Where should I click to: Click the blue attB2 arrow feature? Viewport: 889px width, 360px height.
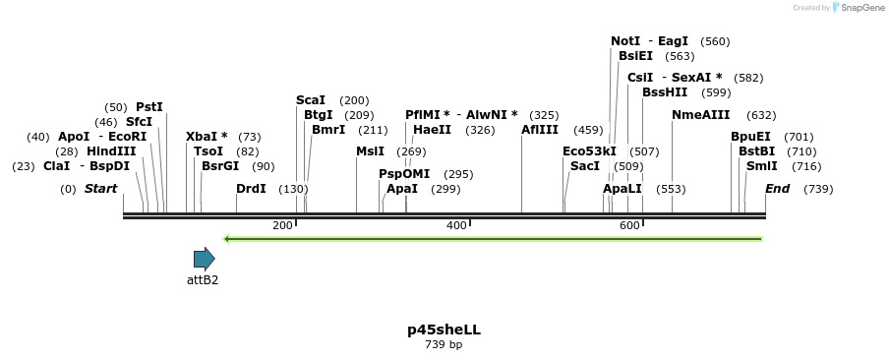[204, 260]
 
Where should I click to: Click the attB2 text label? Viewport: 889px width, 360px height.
[203, 280]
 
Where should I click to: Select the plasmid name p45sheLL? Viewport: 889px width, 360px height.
[444, 330]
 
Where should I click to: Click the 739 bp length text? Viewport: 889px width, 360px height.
[444, 345]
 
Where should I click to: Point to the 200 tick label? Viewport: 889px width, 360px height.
[282, 226]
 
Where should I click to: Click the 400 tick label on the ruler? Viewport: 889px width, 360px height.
[456, 226]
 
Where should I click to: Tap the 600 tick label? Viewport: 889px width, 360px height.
[629, 226]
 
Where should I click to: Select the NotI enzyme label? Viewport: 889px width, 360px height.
[625, 41]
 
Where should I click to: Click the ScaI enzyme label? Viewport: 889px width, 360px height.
[311, 100]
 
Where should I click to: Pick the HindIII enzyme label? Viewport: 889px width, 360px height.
[111, 151]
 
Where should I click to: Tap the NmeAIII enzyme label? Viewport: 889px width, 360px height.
[700, 115]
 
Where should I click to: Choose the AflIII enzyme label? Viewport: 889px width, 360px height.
[540, 130]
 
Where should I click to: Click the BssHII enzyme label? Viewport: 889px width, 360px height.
[665, 92]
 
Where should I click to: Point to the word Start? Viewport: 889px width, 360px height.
[100, 189]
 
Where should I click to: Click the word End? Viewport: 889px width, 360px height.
[777, 189]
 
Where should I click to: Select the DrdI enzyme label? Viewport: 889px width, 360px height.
[251, 189]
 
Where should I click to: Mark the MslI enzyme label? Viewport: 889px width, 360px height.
[370, 151]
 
